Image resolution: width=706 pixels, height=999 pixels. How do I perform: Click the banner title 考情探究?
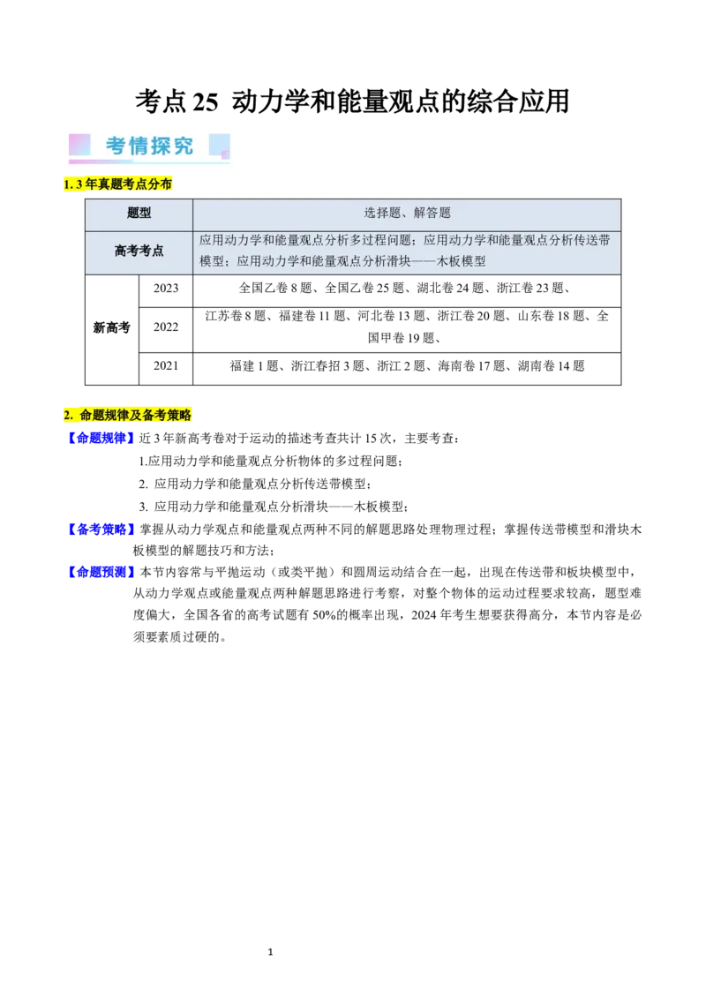(149, 146)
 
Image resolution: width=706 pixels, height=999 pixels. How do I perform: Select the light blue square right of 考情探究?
(219, 146)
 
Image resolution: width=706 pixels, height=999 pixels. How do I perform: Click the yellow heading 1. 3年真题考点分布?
(119, 184)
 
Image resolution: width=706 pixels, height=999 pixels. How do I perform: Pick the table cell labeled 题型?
(139, 214)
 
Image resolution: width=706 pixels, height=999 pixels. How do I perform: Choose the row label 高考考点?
(139, 251)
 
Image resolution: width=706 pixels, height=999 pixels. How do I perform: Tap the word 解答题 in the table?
(432, 214)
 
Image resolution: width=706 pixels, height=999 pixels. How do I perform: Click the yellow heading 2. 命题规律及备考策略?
(130, 415)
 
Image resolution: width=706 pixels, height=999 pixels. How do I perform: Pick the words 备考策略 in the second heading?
(167, 415)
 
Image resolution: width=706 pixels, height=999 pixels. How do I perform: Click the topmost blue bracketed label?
(100, 438)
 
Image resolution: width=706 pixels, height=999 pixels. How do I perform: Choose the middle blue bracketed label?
(100, 530)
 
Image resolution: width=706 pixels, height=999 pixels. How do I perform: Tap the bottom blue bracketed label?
(100, 572)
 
